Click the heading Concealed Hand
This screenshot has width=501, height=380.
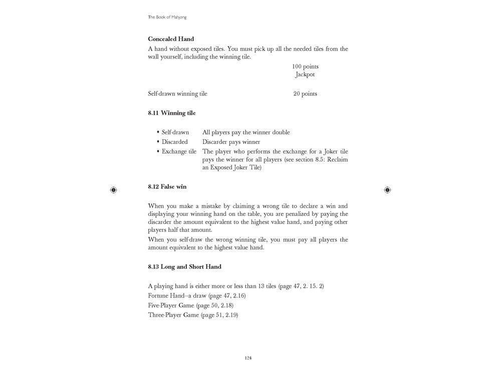tap(171, 39)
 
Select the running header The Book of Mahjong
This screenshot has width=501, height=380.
tap(167, 17)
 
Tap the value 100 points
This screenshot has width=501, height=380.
tap(305, 67)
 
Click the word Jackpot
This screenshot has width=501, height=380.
tap(305, 75)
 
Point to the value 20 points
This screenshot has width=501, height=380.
tap(305, 94)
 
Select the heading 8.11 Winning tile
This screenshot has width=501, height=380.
tap(172, 113)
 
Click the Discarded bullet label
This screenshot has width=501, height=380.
tap(174, 142)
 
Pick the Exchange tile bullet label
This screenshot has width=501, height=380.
tap(178, 151)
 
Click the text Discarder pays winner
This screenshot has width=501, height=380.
tap(231, 142)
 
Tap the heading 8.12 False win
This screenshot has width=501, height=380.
tap(167, 187)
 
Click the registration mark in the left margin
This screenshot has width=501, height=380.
tap(113, 190)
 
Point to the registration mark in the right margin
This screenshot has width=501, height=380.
tap(387, 190)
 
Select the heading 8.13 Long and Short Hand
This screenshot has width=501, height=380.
tap(184, 267)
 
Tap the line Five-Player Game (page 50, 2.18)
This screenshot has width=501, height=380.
tap(190, 305)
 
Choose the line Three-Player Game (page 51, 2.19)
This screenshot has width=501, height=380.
tap(193, 315)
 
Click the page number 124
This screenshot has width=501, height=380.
tap(248, 358)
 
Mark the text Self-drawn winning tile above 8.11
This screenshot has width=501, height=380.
tap(177, 94)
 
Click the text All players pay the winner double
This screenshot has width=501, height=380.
tap(246, 132)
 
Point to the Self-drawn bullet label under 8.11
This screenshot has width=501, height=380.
tap(175, 132)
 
